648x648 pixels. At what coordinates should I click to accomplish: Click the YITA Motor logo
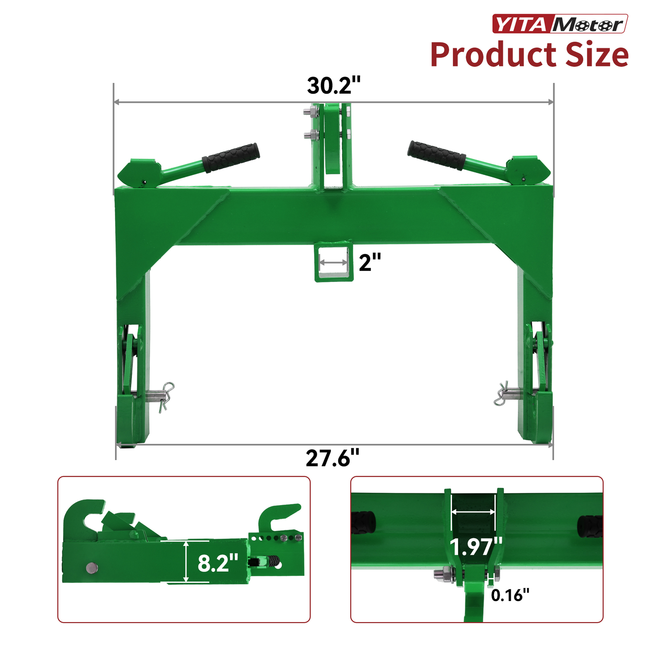tap(560, 24)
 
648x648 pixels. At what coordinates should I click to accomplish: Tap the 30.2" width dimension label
tap(333, 85)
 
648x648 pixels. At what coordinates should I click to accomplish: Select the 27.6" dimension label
tap(333, 458)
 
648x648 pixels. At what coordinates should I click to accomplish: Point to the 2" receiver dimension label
tap(370, 262)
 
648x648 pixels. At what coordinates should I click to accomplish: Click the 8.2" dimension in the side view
tap(217, 563)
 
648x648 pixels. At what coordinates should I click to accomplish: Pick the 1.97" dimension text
tap(476, 547)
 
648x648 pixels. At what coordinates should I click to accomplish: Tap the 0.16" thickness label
tap(510, 595)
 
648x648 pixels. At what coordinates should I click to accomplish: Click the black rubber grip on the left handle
tap(231, 157)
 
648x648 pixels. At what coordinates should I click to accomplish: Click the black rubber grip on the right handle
tap(437, 156)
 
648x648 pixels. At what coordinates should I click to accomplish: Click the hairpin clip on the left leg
tap(166, 396)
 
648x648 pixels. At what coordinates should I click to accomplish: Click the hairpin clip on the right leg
tap(501, 393)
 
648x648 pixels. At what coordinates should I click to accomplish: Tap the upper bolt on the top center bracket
tap(311, 111)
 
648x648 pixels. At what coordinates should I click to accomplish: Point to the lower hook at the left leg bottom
tap(132, 421)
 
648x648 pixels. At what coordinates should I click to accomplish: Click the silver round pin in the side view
tap(92, 568)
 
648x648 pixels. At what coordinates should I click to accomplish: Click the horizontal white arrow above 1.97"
tap(473, 512)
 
